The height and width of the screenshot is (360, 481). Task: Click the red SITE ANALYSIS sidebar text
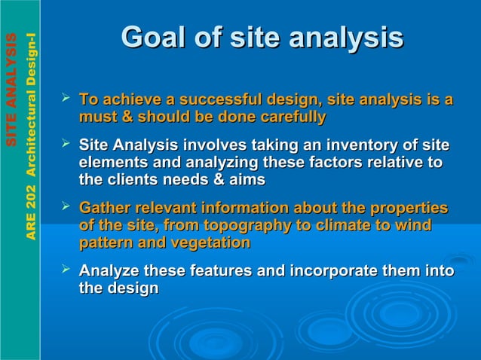coord(11,90)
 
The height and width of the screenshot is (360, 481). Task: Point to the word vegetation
coord(212,243)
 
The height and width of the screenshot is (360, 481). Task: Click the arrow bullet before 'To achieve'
coord(67,99)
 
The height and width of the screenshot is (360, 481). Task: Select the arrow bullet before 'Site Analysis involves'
coord(67,143)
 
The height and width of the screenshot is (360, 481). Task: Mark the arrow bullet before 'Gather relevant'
coord(67,206)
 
